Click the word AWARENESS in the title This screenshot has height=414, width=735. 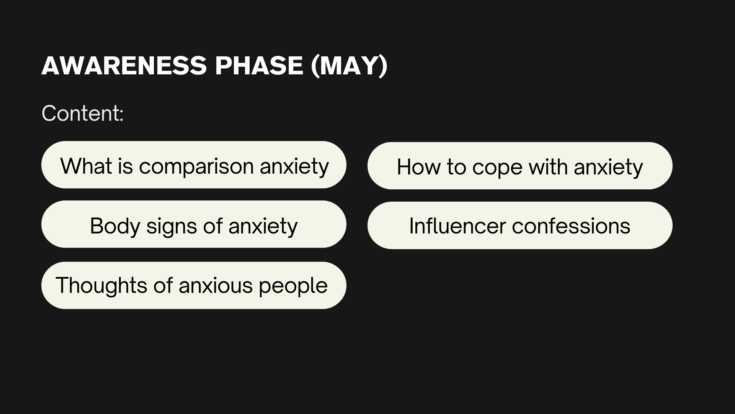point(124,66)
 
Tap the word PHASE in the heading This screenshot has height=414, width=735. point(259,66)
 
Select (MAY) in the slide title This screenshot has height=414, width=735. point(349,66)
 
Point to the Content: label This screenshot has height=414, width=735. point(82,113)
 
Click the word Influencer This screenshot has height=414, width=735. point(457,226)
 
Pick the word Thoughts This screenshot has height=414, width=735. point(101,286)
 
